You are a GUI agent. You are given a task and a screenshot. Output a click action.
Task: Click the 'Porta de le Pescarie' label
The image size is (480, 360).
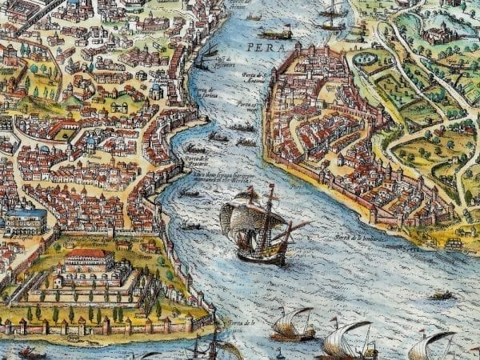(x=195, y=157)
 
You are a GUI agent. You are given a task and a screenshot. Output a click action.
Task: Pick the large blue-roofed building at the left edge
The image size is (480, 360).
(x=24, y=220)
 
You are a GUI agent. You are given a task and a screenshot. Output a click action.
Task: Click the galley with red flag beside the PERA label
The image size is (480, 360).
(x=277, y=33)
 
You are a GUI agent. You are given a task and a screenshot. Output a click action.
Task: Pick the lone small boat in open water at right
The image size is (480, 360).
(x=441, y=295)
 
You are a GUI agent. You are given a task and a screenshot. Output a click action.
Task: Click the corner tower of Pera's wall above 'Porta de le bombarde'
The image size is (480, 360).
(x=371, y=213)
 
